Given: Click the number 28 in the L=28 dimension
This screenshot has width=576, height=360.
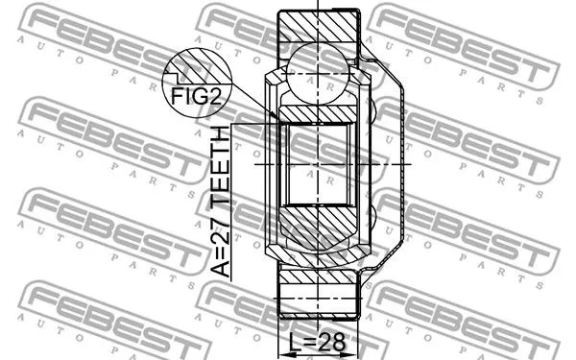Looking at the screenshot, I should [x=331, y=341].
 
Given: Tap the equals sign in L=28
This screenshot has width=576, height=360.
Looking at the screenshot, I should [x=311, y=341].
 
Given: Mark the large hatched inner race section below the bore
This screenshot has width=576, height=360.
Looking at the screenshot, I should [x=317, y=230].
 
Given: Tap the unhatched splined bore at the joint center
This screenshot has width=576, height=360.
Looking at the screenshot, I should [x=317, y=163].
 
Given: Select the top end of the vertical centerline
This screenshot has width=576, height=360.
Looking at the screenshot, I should [x=318, y=8].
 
